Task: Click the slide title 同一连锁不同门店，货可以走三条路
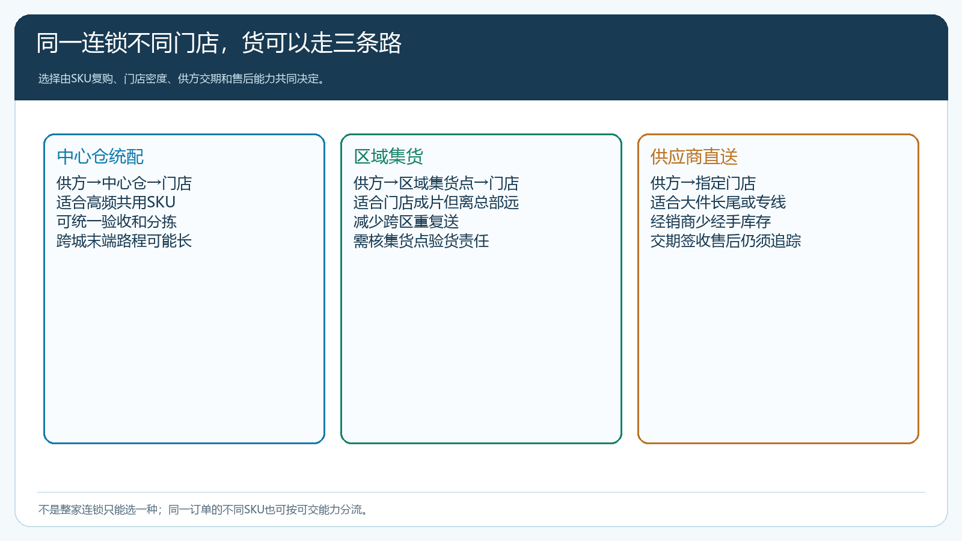click(219, 43)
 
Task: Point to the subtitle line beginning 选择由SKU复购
click(181, 79)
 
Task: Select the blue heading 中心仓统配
click(100, 157)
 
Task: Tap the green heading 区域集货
click(388, 157)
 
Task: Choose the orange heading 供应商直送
click(694, 157)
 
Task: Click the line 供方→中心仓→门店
click(124, 183)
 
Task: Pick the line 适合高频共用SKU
click(116, 202)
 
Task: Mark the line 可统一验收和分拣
click(117, 222)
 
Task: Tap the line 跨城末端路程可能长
click(124, 241)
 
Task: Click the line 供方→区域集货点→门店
click(437, 183)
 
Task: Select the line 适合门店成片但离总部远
click(437, 202)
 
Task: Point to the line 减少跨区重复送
click(406, 222)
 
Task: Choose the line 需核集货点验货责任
click(421, 241)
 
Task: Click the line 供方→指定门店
click(703, 183)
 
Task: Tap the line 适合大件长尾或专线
click(718, 202)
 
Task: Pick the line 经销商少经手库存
click(711, 222)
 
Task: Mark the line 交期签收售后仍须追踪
click(726, 241)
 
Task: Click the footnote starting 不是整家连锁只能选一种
click(203, 510)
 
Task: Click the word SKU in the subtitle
click(81, 79)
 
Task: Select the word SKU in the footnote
click(254, 510)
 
